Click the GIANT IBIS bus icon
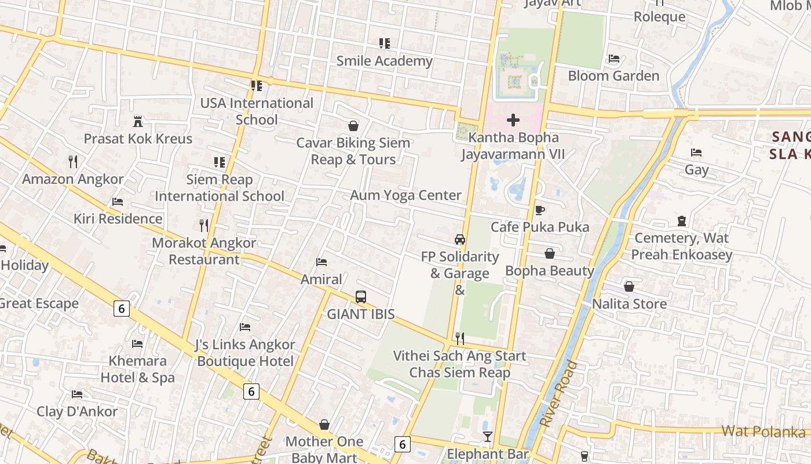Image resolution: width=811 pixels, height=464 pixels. click(361, 297)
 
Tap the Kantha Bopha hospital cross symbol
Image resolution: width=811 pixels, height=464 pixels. click(513, 120)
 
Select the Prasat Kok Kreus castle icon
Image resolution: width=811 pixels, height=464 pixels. click(138, 122)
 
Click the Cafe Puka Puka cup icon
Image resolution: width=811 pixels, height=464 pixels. click(540, 210)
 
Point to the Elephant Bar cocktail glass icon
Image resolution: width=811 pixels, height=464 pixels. click(488, 436)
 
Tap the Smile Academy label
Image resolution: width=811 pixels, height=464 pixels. click(385, 60)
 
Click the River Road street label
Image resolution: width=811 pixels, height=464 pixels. click(558, 394)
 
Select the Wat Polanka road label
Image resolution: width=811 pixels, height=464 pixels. click(763, 432)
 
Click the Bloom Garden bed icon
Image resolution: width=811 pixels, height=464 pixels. click(613, 59)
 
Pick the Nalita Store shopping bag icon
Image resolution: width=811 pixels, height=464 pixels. click(629, 287)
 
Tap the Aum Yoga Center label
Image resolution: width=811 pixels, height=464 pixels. click(405, 195)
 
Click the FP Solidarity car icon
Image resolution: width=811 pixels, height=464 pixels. click(460, 240)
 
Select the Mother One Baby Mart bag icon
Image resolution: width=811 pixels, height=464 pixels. click(324, 425)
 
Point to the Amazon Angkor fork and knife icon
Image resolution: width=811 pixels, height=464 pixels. click(73, 161)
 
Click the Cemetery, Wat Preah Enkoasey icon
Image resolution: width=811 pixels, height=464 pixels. click(681, 221)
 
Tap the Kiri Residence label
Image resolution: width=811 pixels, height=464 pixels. click(118, 219)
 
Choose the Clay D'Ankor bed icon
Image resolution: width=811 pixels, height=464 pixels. click(77, 394)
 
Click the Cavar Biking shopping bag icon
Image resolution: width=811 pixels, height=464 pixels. click(353, 125)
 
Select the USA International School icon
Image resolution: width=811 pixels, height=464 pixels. click(257, 86)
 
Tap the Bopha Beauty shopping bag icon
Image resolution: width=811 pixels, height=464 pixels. click(550, 253)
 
